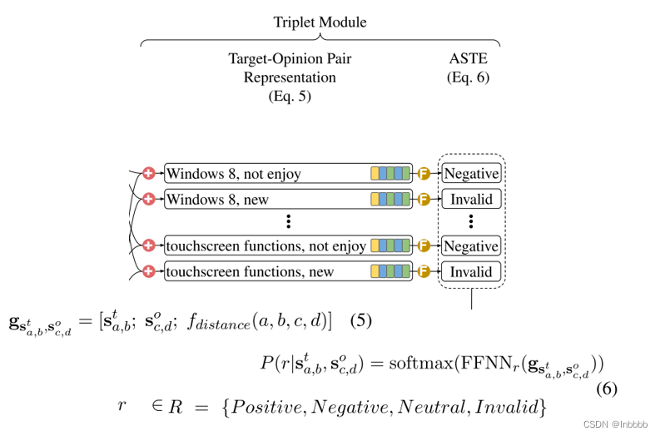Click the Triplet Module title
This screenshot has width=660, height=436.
(320, 22)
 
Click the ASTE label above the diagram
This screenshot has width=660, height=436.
(468, 60)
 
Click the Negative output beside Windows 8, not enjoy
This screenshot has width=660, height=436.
(471, 174)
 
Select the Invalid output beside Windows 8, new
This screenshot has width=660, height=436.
(471, 200)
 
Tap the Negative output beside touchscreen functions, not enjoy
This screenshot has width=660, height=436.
(471, 246)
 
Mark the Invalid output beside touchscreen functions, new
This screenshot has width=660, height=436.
(471, 271)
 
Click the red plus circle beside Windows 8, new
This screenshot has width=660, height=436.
(149, 200)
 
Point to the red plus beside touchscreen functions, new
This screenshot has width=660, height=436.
(149, 271)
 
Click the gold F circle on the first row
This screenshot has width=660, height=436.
(423, 174)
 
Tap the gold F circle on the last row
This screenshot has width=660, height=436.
(423, 271)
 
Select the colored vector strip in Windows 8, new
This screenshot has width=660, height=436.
(390, 200)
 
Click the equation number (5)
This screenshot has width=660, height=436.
(361, 320)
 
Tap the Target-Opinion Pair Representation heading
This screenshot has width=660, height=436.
(290, 77)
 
